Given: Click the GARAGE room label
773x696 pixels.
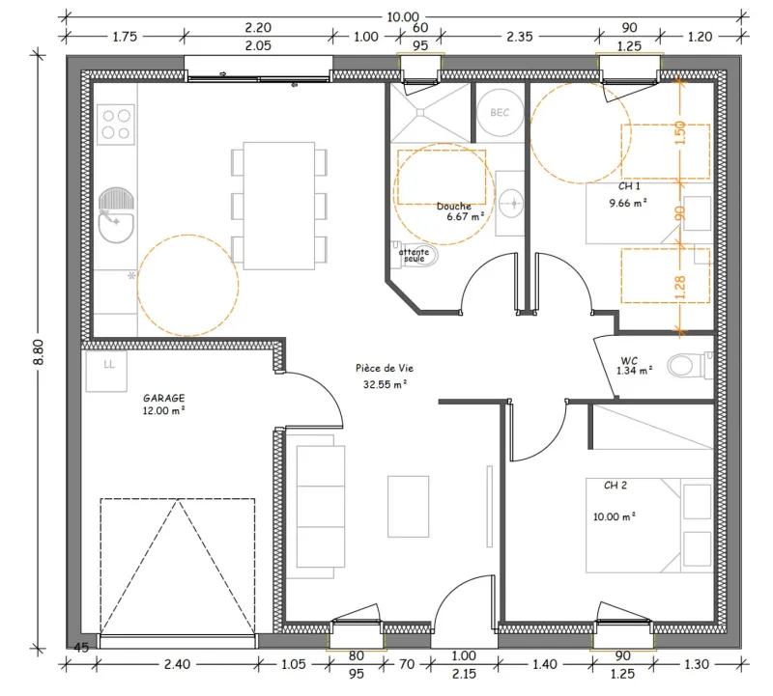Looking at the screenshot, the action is (164, 398).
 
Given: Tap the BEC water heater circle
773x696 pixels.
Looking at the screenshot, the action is (500, 113).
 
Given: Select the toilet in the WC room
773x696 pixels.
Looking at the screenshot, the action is (689, 365).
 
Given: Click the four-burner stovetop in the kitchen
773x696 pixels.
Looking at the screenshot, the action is (116, 125).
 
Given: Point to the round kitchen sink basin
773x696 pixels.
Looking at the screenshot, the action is (116, 228).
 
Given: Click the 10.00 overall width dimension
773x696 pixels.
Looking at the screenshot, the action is (403, 17).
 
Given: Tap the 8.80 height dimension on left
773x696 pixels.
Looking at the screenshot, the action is (39, 351).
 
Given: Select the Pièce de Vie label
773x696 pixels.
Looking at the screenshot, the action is (385, 368).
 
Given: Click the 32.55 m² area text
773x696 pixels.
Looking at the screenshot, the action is (385, 384).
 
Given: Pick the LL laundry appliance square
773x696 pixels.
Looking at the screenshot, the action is (106, 371).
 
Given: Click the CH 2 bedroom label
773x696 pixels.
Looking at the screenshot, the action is (616, 486).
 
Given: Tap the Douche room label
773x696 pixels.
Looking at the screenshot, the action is (453, 207).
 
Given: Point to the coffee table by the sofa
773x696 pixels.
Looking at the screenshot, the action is (408, 506).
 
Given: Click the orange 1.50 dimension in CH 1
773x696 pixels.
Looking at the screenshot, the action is (680, 132).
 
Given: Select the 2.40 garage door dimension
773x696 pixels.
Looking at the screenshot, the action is (177, 664).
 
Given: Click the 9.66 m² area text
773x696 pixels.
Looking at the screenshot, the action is (627, 203).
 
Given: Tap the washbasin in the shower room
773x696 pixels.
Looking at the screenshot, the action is (510, 203).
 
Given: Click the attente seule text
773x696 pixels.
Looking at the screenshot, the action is (415, 255).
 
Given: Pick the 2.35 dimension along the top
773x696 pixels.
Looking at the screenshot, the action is (520, 37).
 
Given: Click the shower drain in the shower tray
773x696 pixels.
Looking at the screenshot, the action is (420, 113).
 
